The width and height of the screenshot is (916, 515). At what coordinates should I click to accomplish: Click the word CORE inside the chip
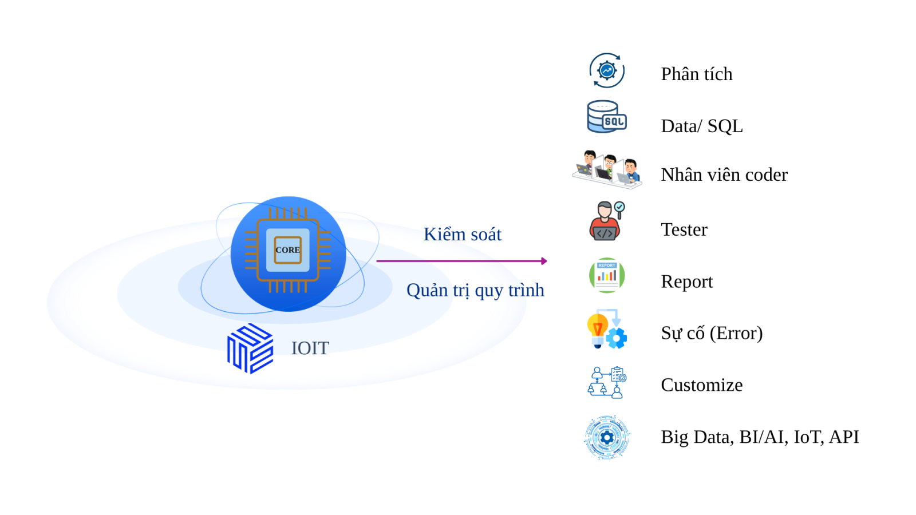pyautogui.click(x=287, y=250)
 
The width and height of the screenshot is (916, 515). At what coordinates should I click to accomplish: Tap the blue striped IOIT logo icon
pyautogui.click(x=250, y=348)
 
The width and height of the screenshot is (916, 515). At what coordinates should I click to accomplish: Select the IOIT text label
pyautogui.click(x=310, y=348)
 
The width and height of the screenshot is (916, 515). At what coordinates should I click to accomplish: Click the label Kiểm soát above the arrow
pyautogui.click(x=462, y=234)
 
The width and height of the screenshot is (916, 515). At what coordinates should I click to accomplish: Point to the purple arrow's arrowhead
pyautogui.click(x=544, y=261)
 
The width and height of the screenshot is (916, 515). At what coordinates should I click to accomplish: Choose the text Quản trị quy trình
pyautogui.click(x=475, y=290)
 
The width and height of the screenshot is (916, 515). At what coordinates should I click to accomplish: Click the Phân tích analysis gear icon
pyautogui.click(x=607, y=70)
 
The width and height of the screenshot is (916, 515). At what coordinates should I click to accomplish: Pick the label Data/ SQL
pyautogui.click(x=701, y=126)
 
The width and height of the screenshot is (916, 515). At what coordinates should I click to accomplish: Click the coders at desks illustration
pyautogui.click(x=607, y=169)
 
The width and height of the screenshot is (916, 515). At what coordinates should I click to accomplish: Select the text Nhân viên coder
pyautogui.click(x=724, y=175)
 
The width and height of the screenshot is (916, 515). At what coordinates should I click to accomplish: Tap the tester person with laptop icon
pyautogui.click(x=606, y=221)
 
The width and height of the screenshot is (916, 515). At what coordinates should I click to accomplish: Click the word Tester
pyautogui.click(x=684, y=229)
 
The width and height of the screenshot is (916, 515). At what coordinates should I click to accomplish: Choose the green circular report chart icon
pyautogui.click(x=607, y=275)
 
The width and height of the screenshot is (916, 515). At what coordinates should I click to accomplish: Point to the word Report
pyautogui.click(x=686, y=282)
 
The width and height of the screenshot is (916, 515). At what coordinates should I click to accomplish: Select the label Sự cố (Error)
pyautogui.click(x=711, y=333)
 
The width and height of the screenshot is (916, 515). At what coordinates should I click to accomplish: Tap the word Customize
pyautogui.click(x=701, y=385)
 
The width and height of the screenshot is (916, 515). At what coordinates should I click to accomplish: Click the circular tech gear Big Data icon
pyautogui.click(x=607, y=438)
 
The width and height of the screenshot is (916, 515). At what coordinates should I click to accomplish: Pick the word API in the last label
pyautogui.click(x=844, y=437)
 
